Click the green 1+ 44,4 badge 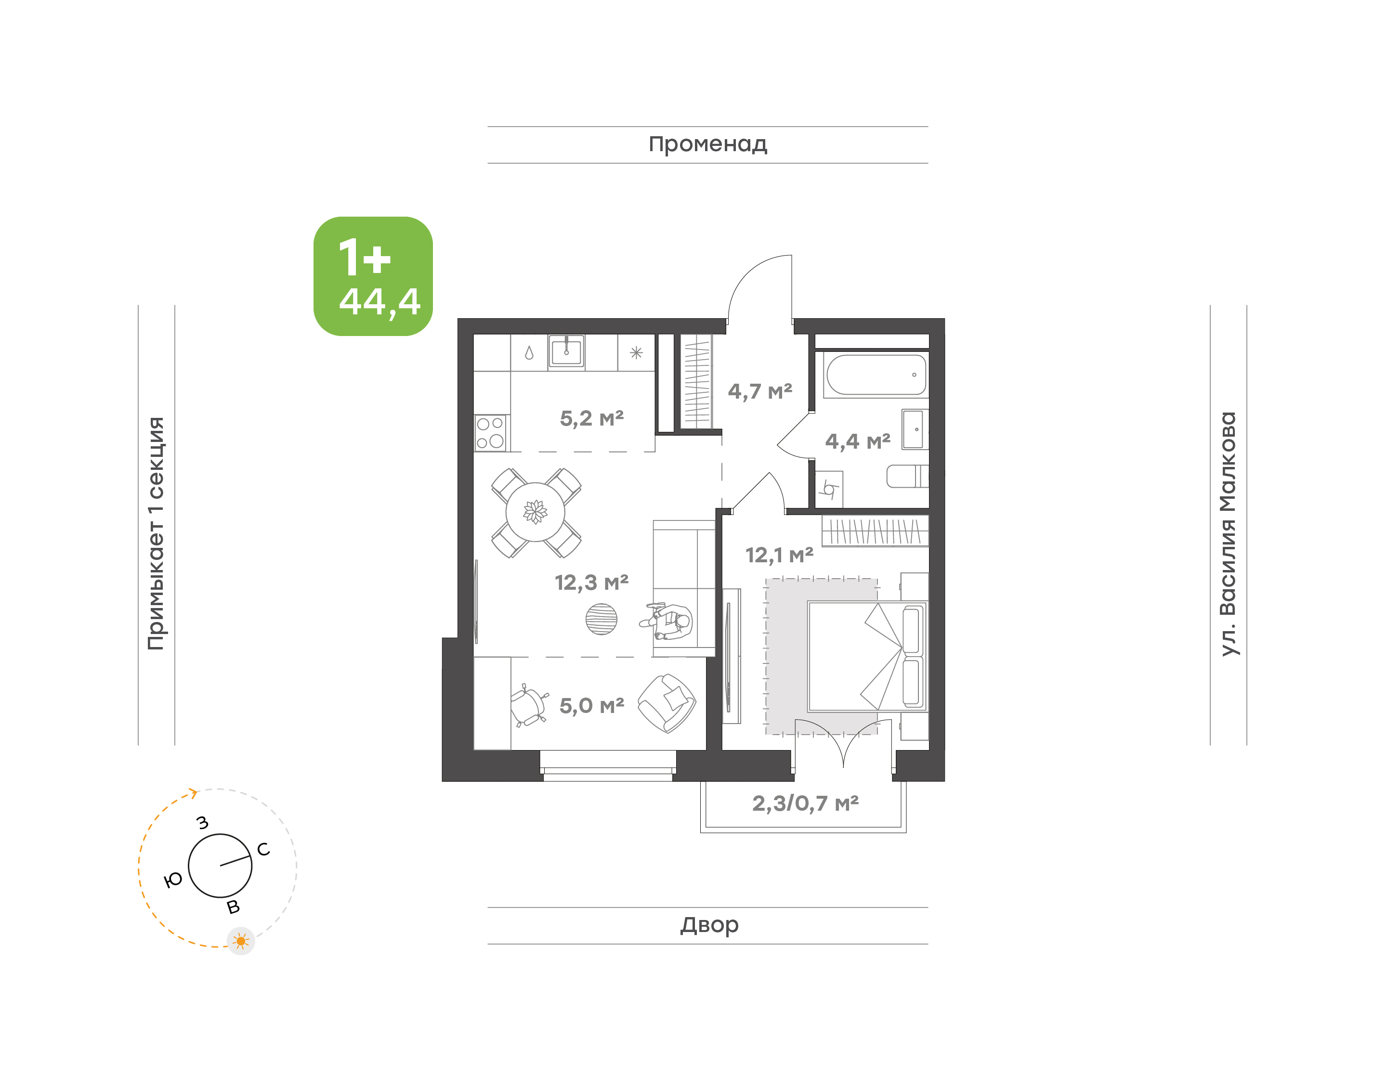pyautogui.click(x=373, y=276)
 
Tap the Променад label pyautogui.click(x=708, y=144)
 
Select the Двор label pyautogui.click(x=709, y=924)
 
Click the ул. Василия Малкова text pyautogui.click(x=1228, y=534)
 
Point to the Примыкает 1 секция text pyautogui.click(x=156, y=533)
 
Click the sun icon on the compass pyautogui.click(x=241, y=941)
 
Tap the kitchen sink pyautogui.click(x=566, y=351)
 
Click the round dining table pyautogui.click(x=535, y=512)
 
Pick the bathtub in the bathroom pyautogui.click(x=876, y=375)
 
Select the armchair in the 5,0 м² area pyautogui.click(x=667, y=703)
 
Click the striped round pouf pyautogui.click(x=602, y=619)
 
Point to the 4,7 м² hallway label pyautogui.click(x=760, y=391)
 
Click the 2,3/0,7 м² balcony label pyautogui.click(x=805, y=803)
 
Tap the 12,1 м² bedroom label pyautogui.click(x=779, y=556)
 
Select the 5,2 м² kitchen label pyautogui.click(x=592, y=418)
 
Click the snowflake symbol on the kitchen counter pyautogui.click(x=636, y=352)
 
